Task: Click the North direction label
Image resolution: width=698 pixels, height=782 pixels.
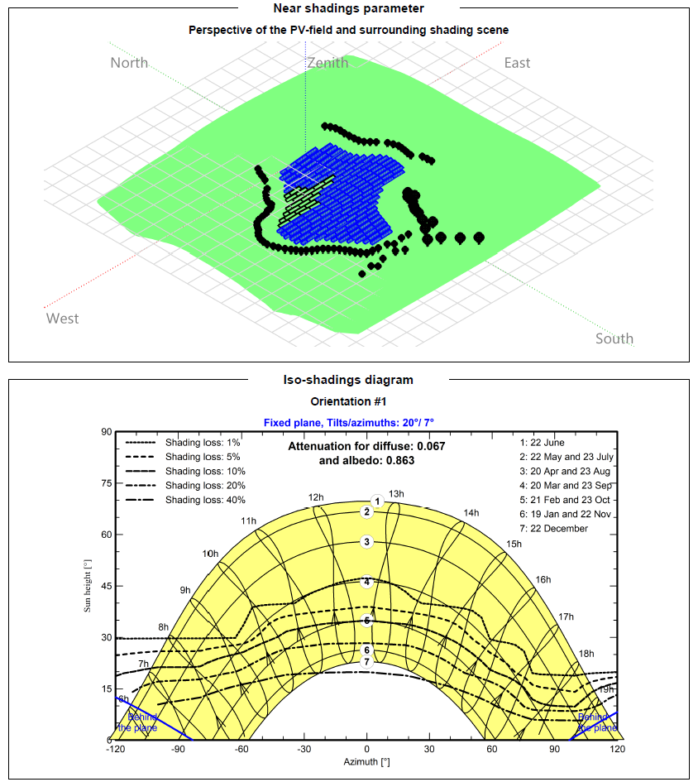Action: pos(129,63)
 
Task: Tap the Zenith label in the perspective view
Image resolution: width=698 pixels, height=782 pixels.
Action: pos(327,63)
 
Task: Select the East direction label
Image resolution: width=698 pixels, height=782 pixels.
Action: pos(517,63)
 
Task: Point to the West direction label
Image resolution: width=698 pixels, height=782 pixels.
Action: pos(63,319)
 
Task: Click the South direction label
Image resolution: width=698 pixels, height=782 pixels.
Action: pos(614,338)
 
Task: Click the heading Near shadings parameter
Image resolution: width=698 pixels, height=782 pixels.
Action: pos(348,8)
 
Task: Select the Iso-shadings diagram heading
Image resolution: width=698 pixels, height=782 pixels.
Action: pos(348,380)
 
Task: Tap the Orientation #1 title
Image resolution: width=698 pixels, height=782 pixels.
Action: pos(348,401)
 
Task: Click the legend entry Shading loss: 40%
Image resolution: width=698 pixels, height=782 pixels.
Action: pos(205,500)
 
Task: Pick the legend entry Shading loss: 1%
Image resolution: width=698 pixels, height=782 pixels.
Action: pos(203,443)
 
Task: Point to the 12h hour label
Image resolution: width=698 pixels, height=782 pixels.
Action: pos(316,497)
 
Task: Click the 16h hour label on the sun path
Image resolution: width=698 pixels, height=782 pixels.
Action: pos(543,580)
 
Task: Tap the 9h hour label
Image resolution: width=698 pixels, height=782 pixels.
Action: pos(185,590)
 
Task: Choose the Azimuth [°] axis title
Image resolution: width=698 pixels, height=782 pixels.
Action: pos(367,761)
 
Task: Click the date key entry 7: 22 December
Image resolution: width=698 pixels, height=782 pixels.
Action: pos(553,528)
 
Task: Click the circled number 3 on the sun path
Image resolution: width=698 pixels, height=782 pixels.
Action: pos(367,542)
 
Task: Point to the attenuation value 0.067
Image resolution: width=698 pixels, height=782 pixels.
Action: pos(430,447)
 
